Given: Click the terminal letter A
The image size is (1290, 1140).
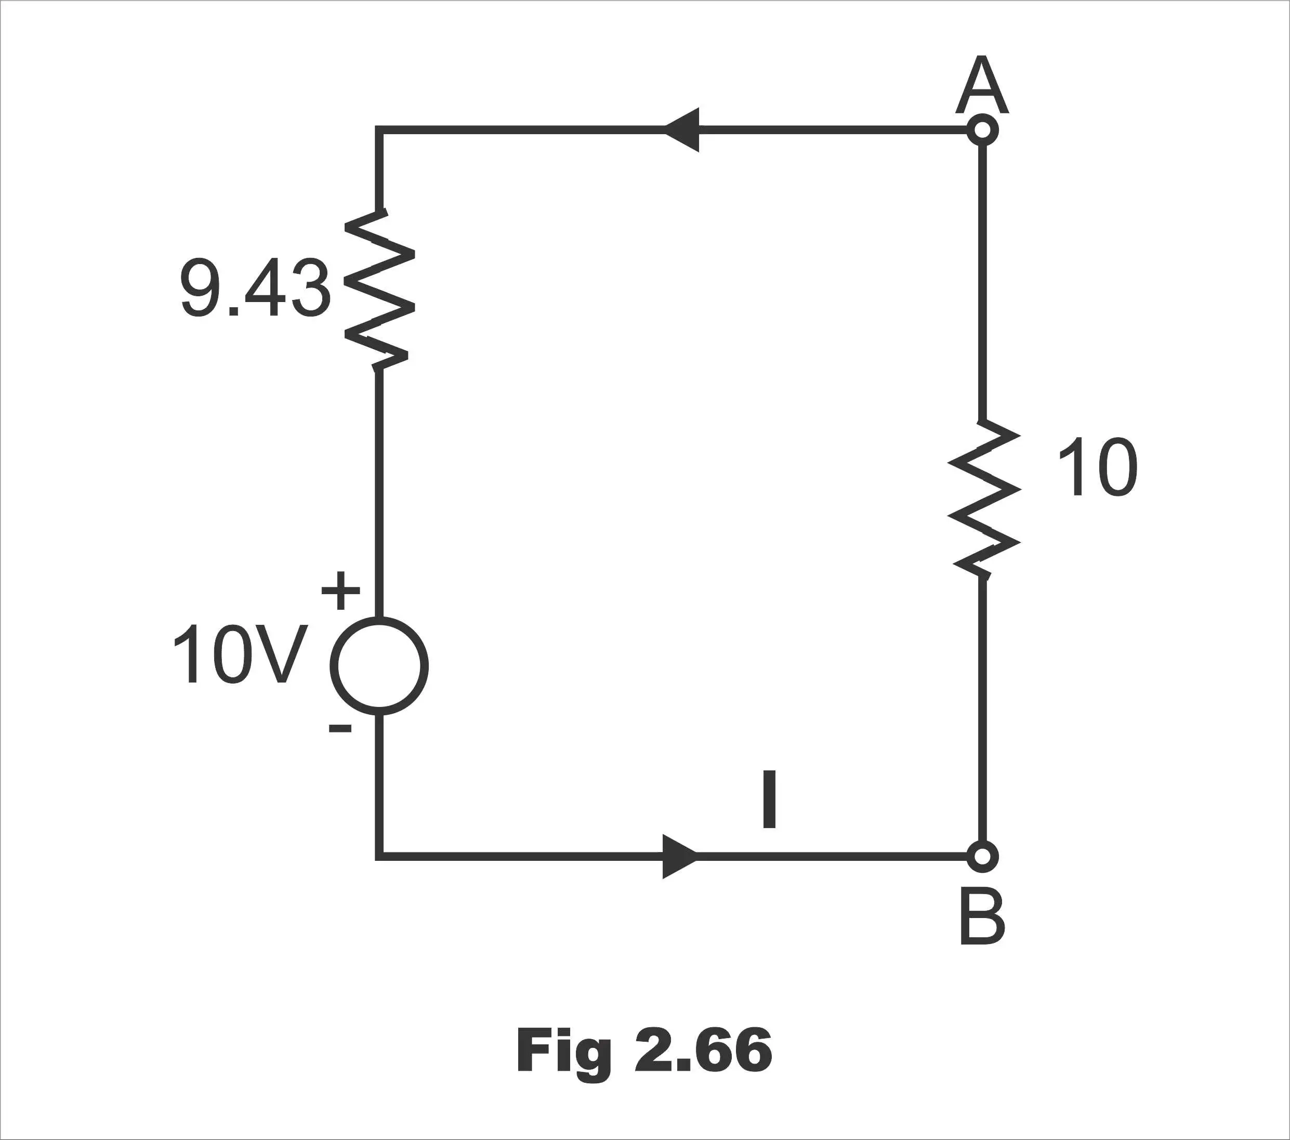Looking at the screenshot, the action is click(982, 85).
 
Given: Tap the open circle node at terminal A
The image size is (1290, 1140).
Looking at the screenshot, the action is click(982, 130).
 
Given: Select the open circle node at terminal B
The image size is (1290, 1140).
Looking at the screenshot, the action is click(982, 856).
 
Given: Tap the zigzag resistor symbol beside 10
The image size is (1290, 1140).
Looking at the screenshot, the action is click(984, 498).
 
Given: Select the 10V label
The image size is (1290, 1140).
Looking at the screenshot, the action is click(240, 654).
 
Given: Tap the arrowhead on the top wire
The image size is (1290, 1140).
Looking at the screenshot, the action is click(681, 130).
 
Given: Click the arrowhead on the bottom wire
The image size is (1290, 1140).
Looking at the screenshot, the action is click(681, 856).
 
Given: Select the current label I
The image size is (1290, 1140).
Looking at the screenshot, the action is click(769, 799).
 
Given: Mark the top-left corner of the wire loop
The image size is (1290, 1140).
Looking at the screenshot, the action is click(379, 130).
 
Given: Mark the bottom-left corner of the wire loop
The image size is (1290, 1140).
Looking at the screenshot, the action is click(379, 856).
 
